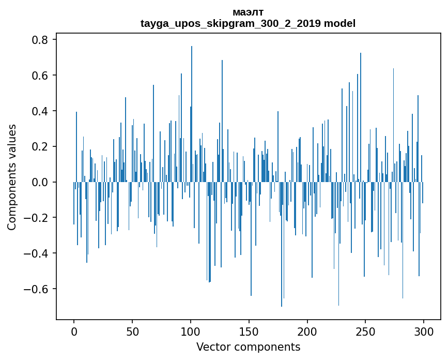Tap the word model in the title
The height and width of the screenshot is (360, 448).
pos(339,23)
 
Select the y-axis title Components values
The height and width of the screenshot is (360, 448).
pos(12,177)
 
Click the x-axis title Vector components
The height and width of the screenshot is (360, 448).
pos(248,347)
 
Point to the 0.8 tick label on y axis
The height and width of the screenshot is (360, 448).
pos(40,40)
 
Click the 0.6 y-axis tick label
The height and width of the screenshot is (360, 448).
pos(40,76)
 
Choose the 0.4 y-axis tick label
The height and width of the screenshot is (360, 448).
pos(40,111)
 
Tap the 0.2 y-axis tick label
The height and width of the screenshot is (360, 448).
pos(40,147)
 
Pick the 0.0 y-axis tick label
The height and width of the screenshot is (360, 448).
pos(40,182)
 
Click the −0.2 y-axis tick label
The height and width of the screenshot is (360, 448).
pos(36,218)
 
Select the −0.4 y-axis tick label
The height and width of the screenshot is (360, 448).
pos(36,253)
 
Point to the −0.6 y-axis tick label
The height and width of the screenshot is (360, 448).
pos(36,289)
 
